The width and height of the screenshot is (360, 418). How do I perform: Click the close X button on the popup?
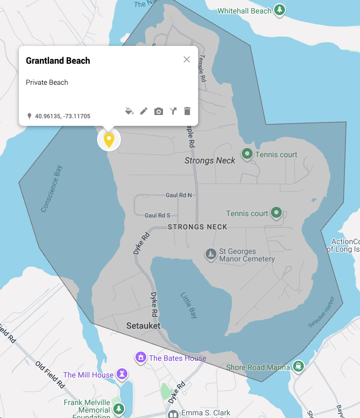[187, 59]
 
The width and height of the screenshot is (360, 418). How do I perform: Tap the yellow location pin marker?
[109, 140]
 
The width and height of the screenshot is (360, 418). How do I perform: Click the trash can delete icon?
[187, 111]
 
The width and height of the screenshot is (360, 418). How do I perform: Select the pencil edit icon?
[144, 111]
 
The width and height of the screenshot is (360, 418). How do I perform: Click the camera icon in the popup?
[158, 111]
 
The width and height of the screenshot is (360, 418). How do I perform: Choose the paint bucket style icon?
[129, 111]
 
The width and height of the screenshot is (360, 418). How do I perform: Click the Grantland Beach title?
[58, 60]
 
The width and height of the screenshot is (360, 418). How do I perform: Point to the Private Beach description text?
[47, 83]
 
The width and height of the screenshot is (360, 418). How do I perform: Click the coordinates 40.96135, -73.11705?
[63, 116]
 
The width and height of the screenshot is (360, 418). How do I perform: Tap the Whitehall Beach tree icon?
[279, 10]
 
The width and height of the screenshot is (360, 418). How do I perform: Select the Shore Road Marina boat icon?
[298, 367]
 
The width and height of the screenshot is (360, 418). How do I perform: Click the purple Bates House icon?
[140, 357]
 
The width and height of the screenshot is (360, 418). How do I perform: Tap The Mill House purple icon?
[123, 374]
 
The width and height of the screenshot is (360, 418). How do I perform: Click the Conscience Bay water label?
[52, 189]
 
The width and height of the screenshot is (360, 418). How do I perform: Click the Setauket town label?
[144, 326]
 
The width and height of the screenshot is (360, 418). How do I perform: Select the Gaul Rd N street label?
[179, 195]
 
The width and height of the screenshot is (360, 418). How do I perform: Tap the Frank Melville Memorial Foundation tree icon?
[119, 410]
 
